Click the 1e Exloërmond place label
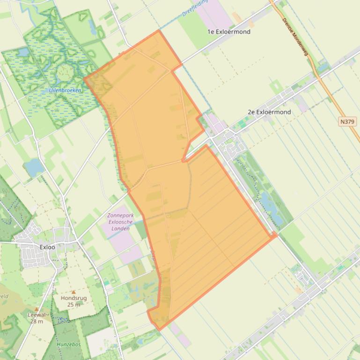pos(229,32)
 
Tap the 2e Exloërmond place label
pos(269,112)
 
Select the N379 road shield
pos(347,122)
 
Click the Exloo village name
pos(47,247)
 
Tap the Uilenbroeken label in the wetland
pos(65,90)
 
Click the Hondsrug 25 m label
pos(73,301)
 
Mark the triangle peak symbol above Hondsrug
pos(73,292)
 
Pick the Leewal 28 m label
pos(37,318)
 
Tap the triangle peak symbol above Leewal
pos(37,309)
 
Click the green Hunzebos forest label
pos(69,345)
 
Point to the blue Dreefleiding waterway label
pos(195,8)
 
